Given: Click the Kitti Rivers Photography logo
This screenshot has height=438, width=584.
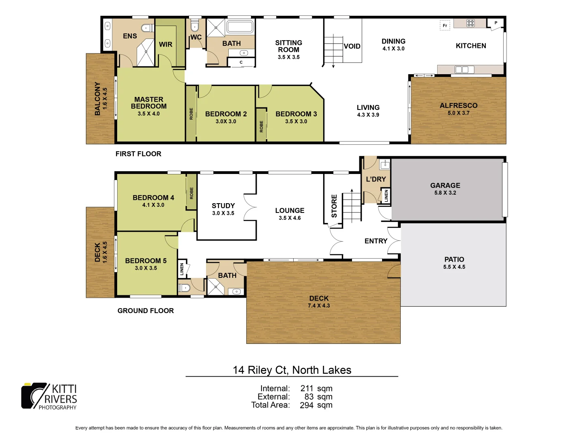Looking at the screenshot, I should tap(49, 396).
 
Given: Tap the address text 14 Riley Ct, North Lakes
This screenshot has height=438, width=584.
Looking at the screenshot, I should tap(292, 370).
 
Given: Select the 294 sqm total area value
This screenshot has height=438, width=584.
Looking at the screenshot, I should tap(316, 405).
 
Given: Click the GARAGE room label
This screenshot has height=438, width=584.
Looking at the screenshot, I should tap(445, 185).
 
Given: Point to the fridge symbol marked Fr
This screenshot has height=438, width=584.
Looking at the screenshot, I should tap(445, 26).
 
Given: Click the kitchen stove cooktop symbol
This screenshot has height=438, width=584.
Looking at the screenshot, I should tap(470, 23).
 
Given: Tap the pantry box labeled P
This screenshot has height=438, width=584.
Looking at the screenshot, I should tap(496, 23).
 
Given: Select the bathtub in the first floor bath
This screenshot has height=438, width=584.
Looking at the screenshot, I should tap(240, 27).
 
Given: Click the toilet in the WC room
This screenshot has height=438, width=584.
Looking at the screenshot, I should tap(195, 27).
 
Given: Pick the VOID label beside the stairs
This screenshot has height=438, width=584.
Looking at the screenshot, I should tap(352, 46).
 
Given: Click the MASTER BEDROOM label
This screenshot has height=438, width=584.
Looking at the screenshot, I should tap(149, 103).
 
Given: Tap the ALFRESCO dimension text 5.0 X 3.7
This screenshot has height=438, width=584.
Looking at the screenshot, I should tap(458, 113).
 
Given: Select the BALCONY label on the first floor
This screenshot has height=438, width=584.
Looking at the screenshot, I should tap(97, 99).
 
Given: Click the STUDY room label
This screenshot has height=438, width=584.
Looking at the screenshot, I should tap(223, 206).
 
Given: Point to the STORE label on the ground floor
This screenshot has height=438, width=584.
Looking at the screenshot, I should tap(334, 206).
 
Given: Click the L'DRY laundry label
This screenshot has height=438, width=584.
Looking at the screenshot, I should tap(376, 179).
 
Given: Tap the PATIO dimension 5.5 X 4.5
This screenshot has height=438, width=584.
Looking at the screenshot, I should tap(454, 267).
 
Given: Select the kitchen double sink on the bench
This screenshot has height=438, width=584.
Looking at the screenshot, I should tap(462, 70).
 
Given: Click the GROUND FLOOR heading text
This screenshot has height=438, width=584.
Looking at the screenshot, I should tap(146, 311).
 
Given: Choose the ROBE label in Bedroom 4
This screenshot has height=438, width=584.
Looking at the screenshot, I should tap(191, 193).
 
